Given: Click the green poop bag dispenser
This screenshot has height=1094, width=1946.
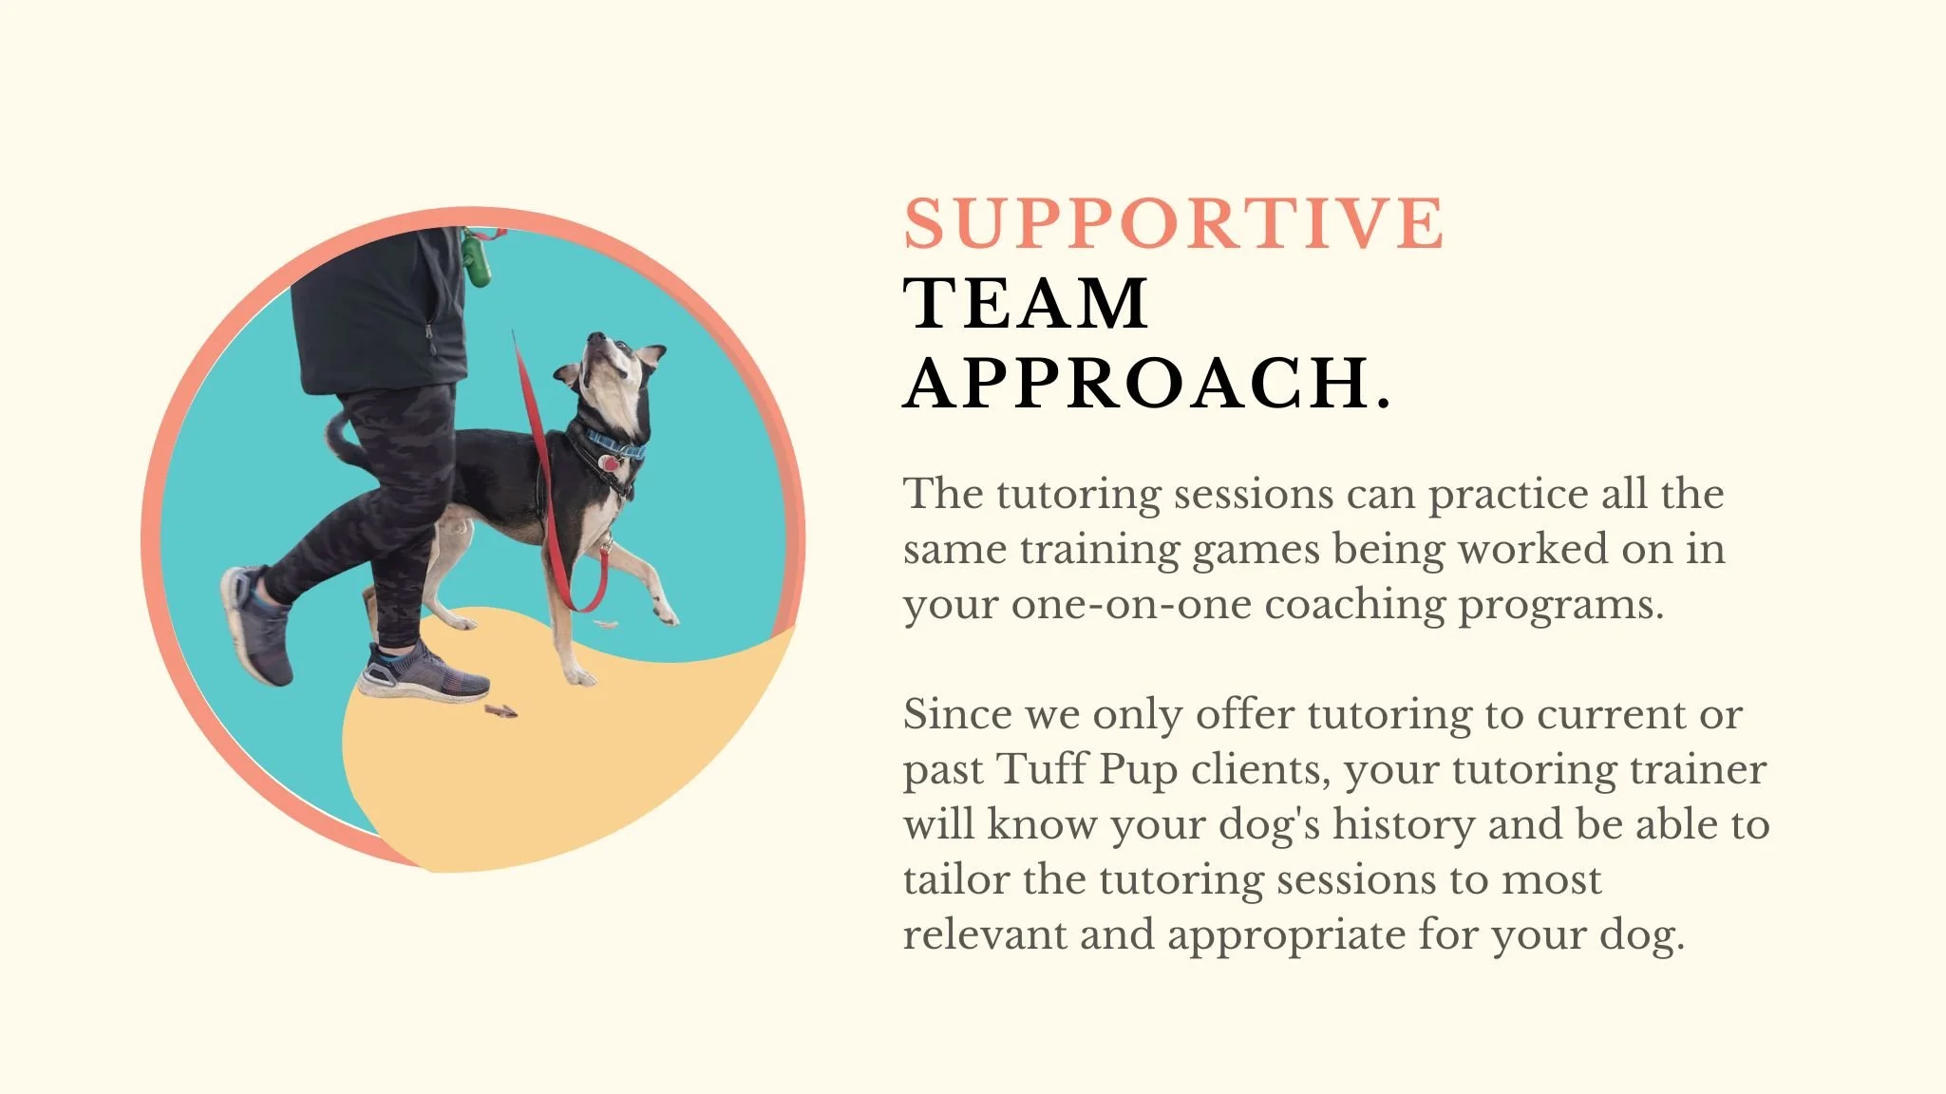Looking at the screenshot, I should (x=475, y=258).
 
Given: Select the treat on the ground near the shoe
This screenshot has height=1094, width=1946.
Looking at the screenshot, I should (x=500, y=709).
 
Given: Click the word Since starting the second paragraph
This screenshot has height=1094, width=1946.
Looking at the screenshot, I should (x=956, y=714).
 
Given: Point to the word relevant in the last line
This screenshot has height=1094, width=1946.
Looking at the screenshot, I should (x=984, y=934).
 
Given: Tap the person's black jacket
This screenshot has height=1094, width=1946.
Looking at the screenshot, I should (x=380, y=313).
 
